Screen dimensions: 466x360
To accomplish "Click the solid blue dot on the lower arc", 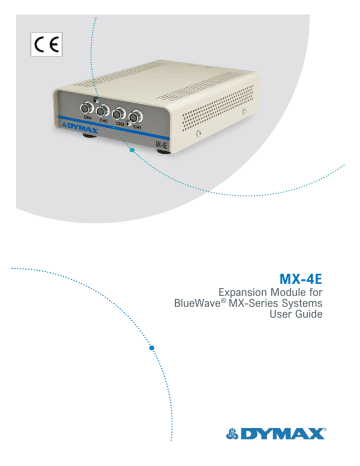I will point(152,349).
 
